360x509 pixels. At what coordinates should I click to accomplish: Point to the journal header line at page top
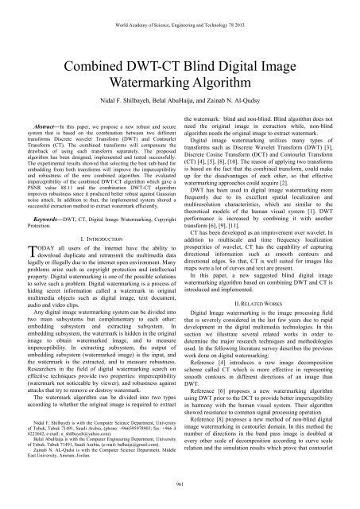[x=180, y=10]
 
